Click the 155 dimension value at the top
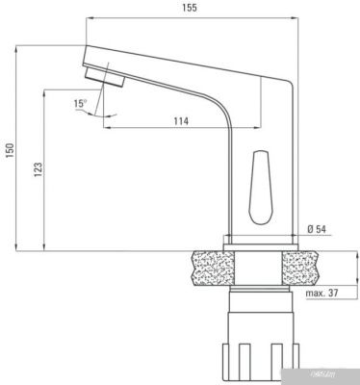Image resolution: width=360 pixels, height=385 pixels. pos(189,8)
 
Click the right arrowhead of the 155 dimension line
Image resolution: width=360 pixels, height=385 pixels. pos(292,17)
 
